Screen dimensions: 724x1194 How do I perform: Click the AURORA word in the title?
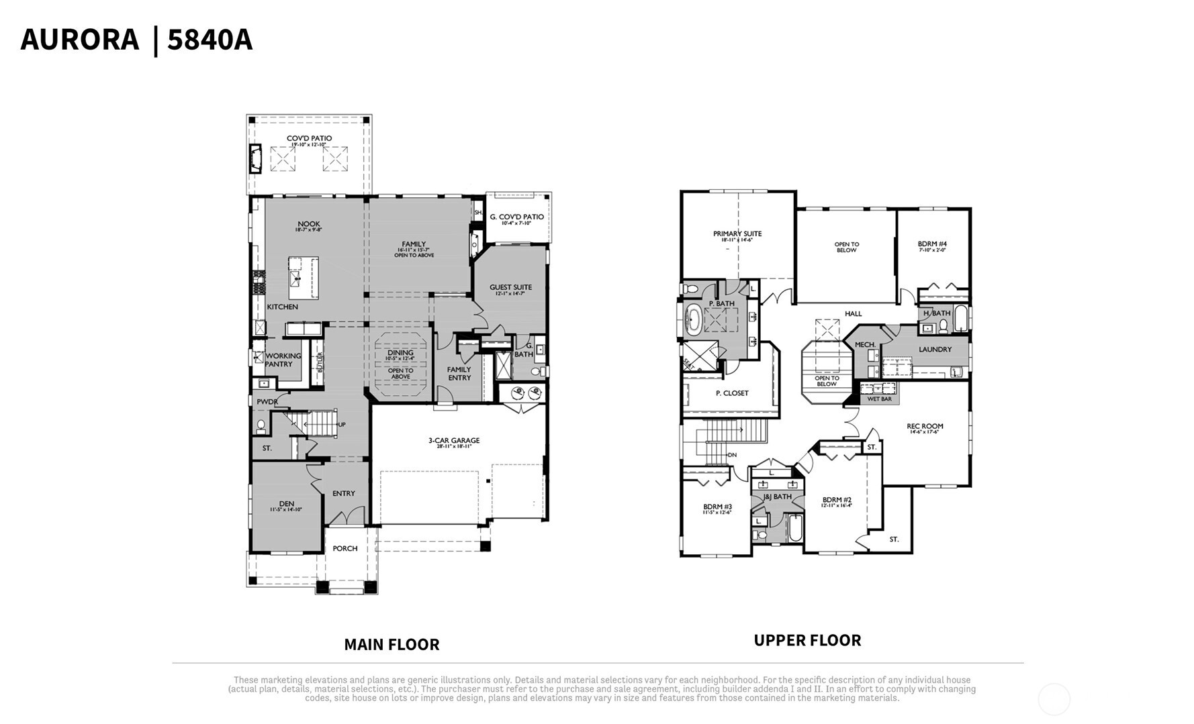coord(79,40)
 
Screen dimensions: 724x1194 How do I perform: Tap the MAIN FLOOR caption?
coord(392,644)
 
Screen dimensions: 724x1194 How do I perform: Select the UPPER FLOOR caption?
coord(807,640)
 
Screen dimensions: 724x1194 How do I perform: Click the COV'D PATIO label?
coord(309,139)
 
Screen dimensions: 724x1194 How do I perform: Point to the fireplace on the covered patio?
coord(255,159)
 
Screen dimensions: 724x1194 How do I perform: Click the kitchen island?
coord(303,278)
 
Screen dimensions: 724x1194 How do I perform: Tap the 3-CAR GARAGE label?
coord(454,441)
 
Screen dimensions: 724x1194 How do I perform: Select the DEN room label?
coord(287,504)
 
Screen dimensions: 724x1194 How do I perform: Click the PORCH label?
coord(345,548)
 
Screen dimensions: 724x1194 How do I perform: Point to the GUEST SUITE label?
coord(510,287)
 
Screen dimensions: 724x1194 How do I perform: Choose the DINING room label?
coord(400,353)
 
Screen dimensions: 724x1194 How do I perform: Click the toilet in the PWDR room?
coord(261,426)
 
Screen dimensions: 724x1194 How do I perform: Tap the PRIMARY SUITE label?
coord(737,234)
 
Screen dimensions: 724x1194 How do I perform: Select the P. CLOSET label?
coord(732,393)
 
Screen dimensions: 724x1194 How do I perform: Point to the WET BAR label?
coord(879,399)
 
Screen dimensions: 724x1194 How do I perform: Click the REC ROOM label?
coord(925,426)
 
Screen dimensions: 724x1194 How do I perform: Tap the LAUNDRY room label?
coord(935,350)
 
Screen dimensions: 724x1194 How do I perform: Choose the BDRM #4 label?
coord(932,244)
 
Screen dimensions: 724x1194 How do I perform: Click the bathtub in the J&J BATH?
coord(794,528)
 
